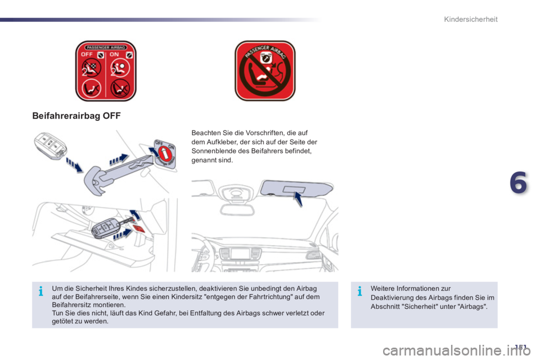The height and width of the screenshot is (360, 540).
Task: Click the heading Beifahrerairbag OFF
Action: click(76, 115)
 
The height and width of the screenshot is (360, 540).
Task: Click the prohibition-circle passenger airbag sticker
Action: click(264, 71)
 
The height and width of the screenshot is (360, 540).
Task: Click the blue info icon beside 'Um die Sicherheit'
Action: click(41, 291)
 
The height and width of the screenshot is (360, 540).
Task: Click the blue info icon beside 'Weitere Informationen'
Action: click(359, 291)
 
